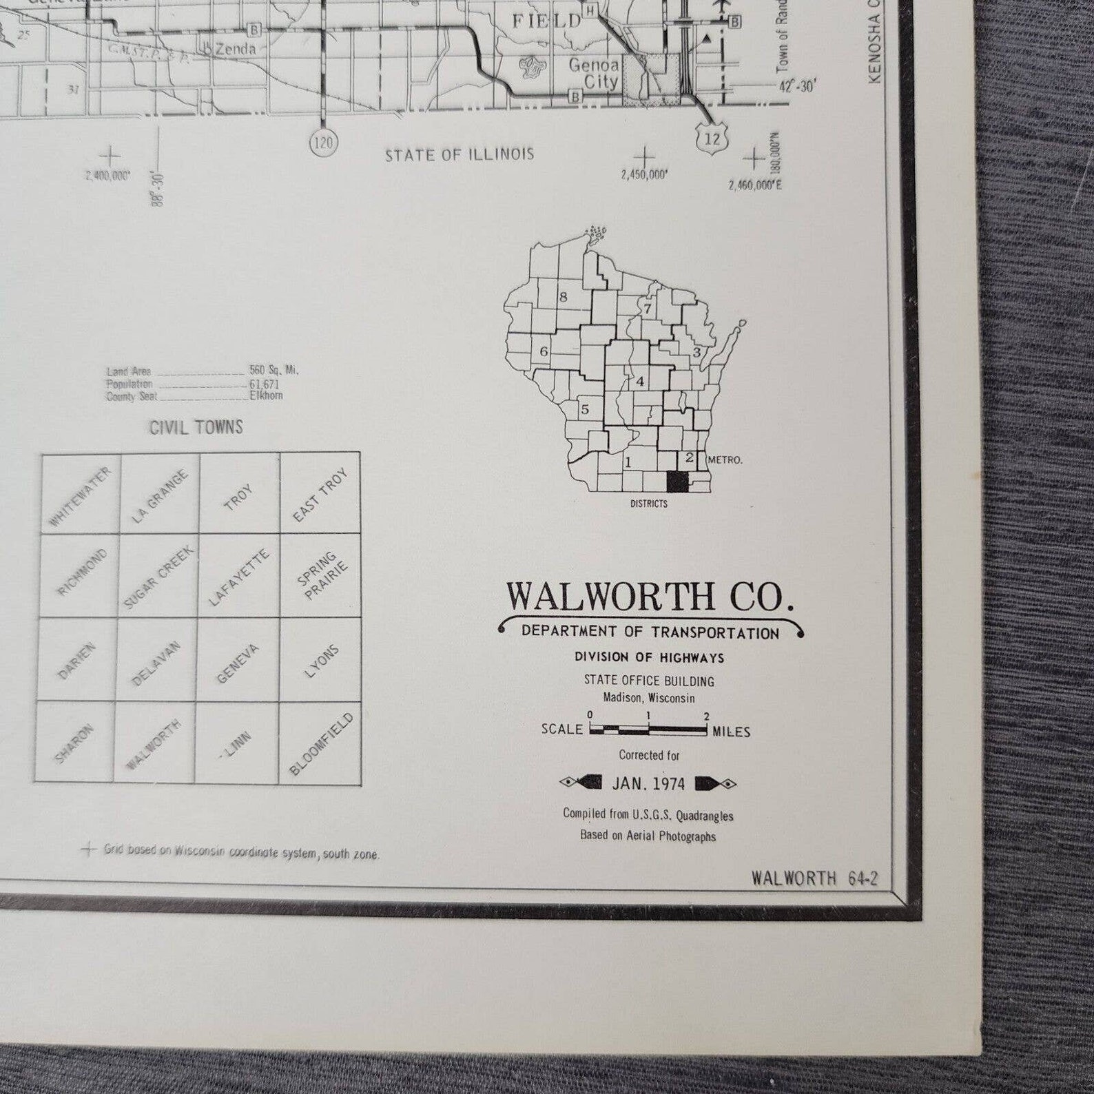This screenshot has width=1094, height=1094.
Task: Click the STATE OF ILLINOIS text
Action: tap(459, 154)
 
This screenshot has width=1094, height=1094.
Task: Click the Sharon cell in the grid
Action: tap(74, 743)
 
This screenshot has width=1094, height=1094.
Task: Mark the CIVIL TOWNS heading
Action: tap(196, 428)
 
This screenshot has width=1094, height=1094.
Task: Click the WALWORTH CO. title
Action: tap(650, 597)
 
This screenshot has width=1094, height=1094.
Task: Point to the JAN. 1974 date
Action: tap(648, 783)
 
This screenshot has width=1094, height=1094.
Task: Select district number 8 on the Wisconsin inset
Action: tap(563, 298)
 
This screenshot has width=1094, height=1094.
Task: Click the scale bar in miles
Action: tap(648, 729)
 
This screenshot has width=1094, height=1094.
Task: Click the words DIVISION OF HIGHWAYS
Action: tap(649, 658)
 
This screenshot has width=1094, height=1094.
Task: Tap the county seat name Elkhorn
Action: tap(266, 396)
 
